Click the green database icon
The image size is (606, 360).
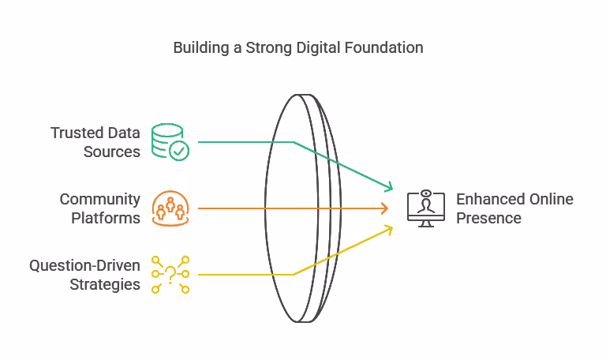point(170,141)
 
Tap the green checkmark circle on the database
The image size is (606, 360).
point(179,151)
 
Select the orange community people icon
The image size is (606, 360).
point(170,208)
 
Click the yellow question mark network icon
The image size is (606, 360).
point(170,274)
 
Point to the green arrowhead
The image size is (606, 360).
point(388,186)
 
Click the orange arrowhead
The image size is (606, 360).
point(384,208)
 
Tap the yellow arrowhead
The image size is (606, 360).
point(388,231)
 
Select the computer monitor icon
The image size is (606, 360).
point(426,208)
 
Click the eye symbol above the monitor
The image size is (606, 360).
point(426,193)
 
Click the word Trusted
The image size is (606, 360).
point(73,133)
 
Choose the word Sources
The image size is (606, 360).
point(112,152)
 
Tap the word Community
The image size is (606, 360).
point(99,200)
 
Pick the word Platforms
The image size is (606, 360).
point(106,218)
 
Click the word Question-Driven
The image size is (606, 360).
point(84,265)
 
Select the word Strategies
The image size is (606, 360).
point(105,285)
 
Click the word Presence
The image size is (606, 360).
point(488,218)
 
